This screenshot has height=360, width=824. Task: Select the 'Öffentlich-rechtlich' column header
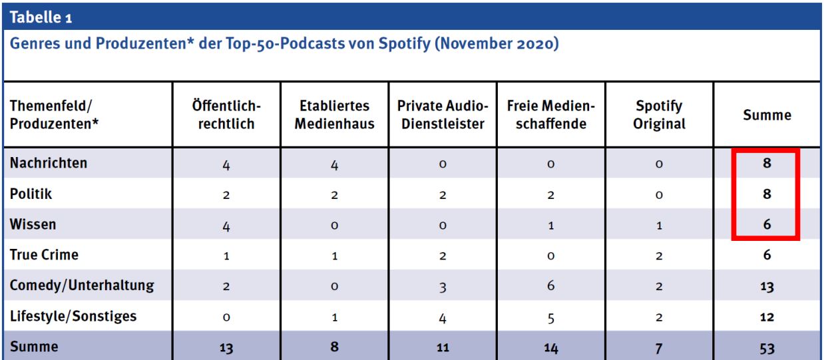pyautogui.click(x=226, y=114)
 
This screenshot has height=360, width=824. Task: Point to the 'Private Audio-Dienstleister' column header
pyautogui.click(x=442, y=114)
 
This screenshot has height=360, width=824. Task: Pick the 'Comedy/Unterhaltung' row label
pyautogui.click(x=83, y=286)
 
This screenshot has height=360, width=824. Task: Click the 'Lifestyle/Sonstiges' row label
pyautogui.click(x=74, y=317)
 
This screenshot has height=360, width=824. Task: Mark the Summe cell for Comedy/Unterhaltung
pyautogui.click(x=767, y=287)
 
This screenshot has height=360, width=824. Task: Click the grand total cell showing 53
pyautogui.click(x=767, y=347)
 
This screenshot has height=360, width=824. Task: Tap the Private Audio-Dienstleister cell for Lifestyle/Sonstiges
pyautogui.click(x=442, y=317)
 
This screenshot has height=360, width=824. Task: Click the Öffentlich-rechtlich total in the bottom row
pyautogui.click(x=226, y=347)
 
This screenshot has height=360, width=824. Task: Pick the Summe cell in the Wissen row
pyautogui.click(x=767, y=226)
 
